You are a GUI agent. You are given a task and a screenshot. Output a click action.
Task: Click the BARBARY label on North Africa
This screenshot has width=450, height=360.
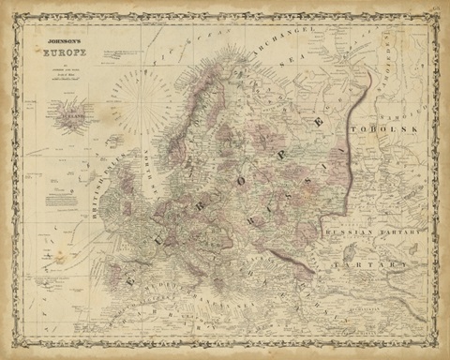click(141, 333)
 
